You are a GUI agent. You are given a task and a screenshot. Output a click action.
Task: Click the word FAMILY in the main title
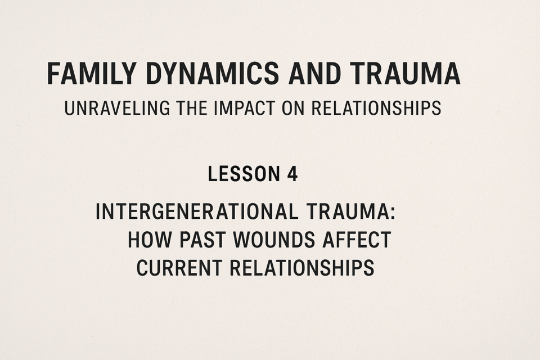tap(91, 73)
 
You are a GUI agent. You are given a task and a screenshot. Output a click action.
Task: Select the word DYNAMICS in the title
tap(213, 73)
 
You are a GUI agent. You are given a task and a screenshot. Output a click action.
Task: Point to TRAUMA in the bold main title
tap(406, 73)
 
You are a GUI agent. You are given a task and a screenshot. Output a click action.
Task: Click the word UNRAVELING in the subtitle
tap(117, 108)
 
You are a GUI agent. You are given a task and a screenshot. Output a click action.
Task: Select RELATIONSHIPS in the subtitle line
tap(376, 108)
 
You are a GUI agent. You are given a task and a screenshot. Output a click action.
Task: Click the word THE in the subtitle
tap(192, 108)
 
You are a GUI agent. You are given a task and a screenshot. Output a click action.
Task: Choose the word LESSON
tap(244, 174)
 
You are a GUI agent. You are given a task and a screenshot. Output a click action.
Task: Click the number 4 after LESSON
tap(292, 174)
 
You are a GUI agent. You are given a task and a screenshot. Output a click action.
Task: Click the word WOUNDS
tap(274, 240)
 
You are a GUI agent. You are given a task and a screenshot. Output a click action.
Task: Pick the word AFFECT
tap(357, 240)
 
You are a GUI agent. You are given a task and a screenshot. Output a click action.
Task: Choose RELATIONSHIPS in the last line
tap(302, 268)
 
